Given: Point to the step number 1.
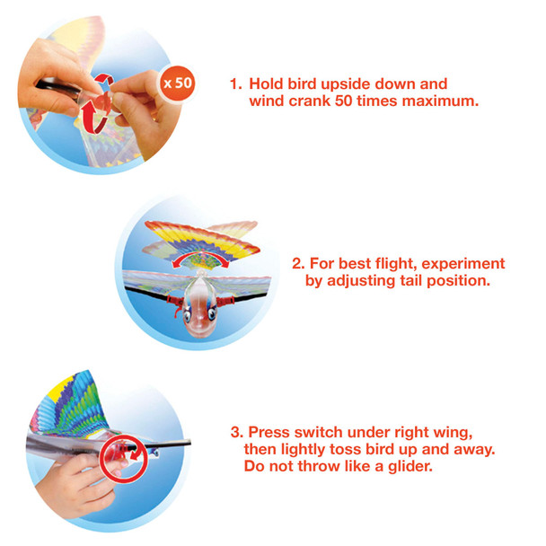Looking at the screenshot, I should [234, 84].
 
